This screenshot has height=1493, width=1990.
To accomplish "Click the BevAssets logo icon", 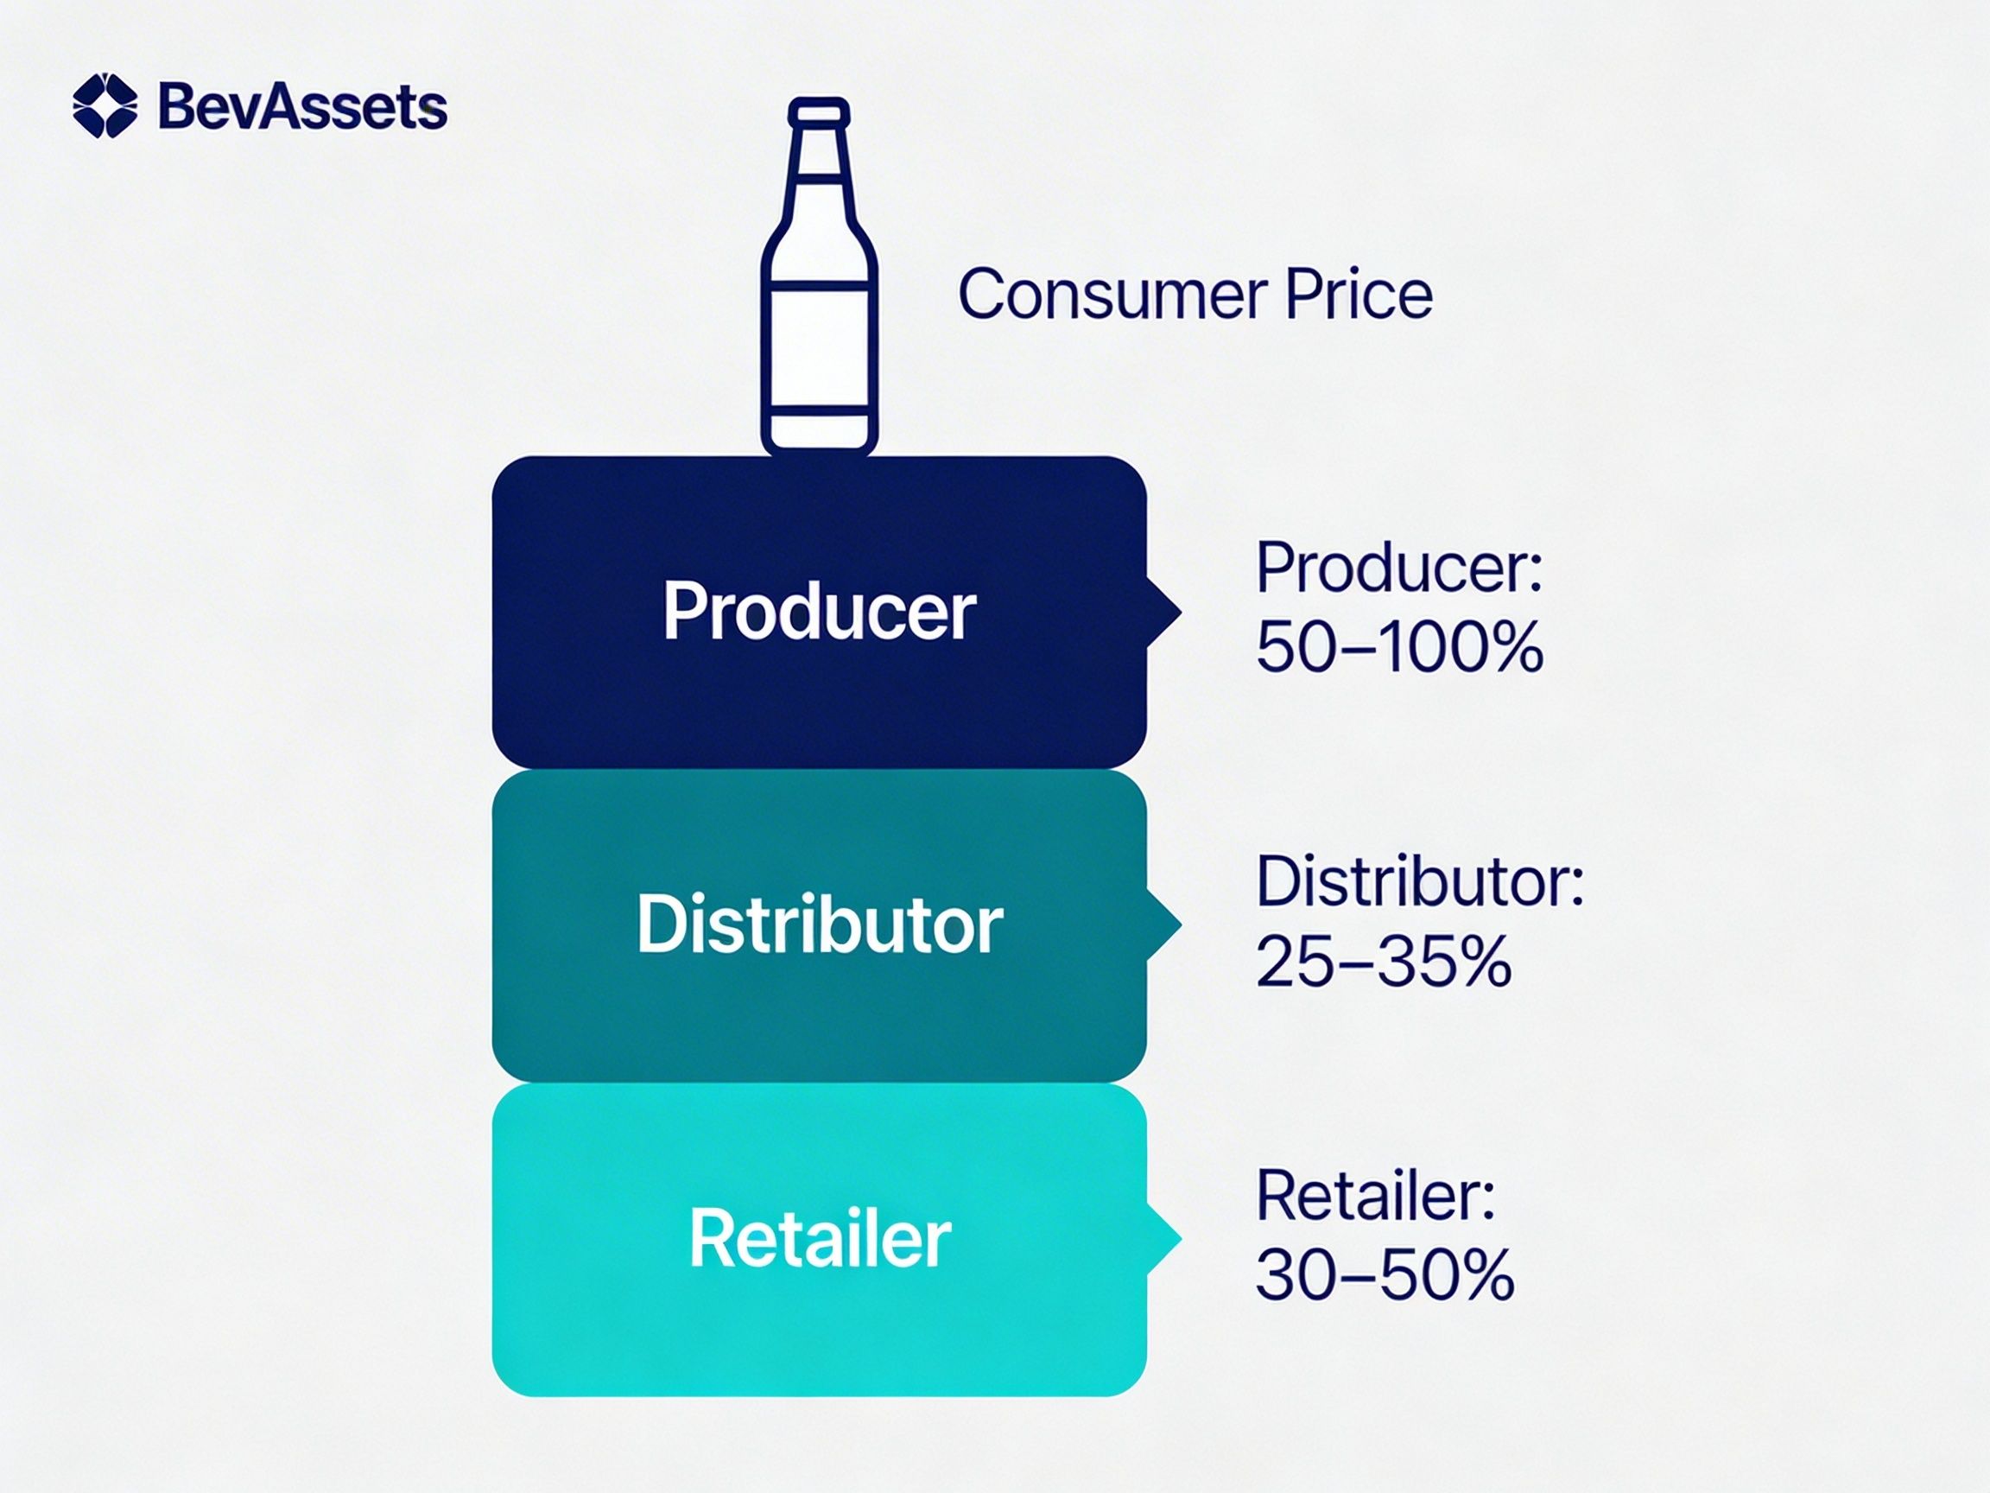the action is [x=105, y=105].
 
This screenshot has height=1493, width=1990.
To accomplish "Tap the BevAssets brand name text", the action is [x=302, y=107].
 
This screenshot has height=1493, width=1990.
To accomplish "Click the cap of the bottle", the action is [x=819, y=112].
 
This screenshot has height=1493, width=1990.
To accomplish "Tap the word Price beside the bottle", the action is [x=1359, y=295].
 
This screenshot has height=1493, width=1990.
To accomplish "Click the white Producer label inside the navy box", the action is [x=820, y=611].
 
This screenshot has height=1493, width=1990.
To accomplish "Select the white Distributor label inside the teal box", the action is [x=820, y=924].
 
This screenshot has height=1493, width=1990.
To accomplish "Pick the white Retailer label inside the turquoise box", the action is [x=820, y=1238].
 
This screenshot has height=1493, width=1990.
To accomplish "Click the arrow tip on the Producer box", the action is [x=1180, y=613].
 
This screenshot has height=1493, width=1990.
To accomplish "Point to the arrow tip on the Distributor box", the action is [x=1180, y=925].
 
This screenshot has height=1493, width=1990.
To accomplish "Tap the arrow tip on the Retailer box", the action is [x=1180, y=1239].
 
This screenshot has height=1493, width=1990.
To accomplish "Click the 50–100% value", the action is [x=1400, y=646].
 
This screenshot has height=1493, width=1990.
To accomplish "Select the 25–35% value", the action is [x=1384, y=960].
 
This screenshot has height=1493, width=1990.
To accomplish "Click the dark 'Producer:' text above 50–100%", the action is [x=1400, y=569].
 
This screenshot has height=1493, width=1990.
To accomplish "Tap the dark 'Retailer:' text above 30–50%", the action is [x=1376, y=1194].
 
